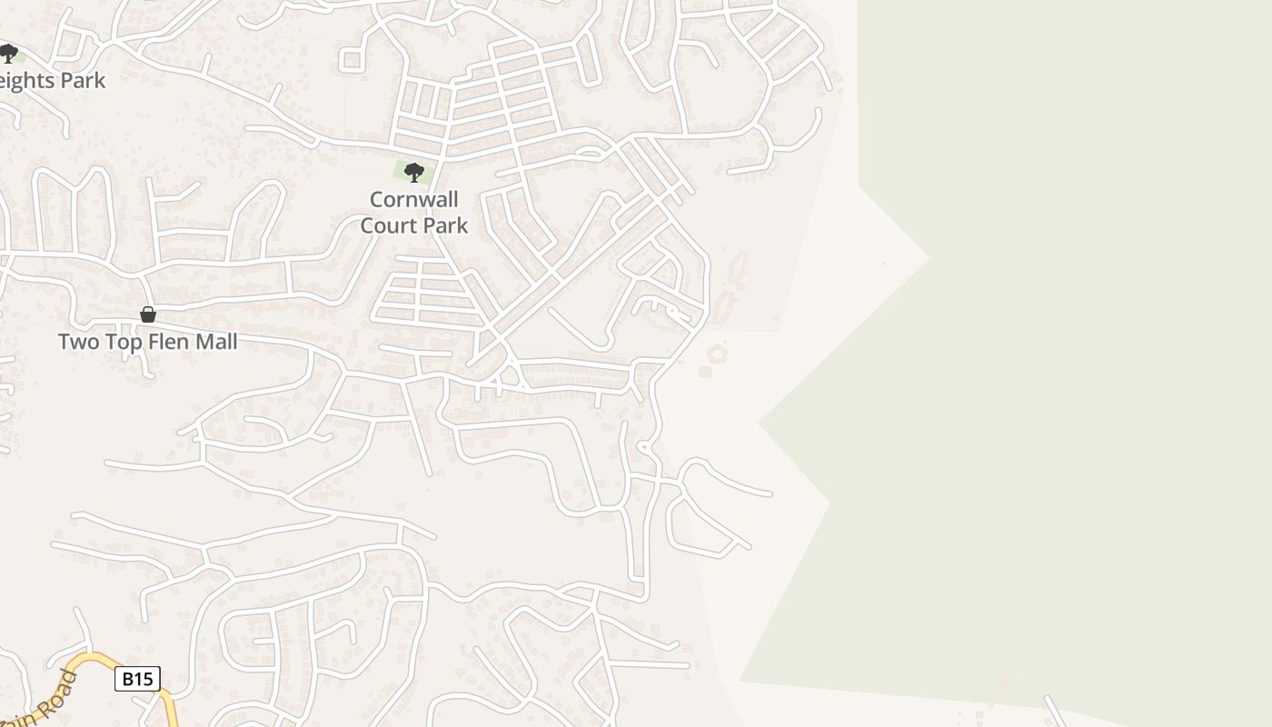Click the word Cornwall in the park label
point(413,200)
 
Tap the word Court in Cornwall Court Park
point(390,225)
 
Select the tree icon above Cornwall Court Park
point(413,172)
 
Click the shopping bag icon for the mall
point(148,314)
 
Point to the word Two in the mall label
point(78,343)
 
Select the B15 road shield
point(137,679)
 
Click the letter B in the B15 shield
point(126,679)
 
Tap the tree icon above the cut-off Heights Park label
point(8,54)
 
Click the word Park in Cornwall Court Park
point(442,225)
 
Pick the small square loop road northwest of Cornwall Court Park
point(351,60)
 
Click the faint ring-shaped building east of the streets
point(718,353)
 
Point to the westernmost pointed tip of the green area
point(760,423)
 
